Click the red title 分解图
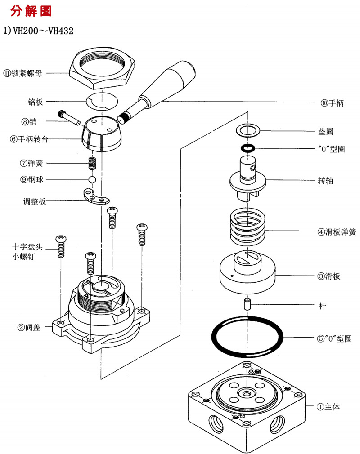(31, 11)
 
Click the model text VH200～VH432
(39, 31)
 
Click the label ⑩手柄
(332, 103)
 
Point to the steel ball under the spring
(92, 179)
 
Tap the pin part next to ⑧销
(68, 117)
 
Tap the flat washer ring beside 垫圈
(248, 131)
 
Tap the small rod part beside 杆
(247, 304)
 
